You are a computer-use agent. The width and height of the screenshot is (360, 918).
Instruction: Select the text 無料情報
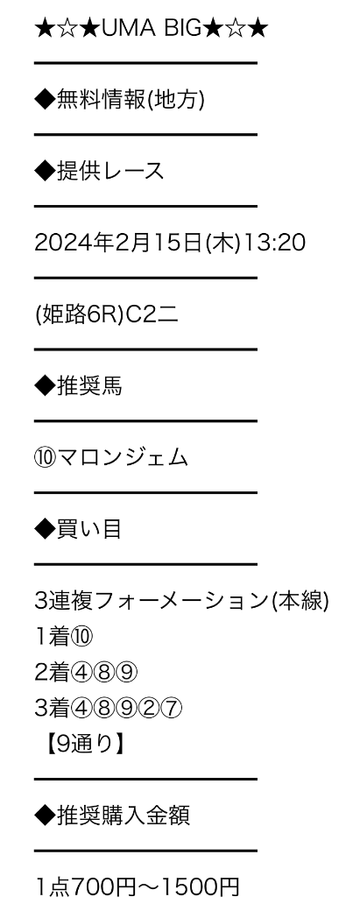click(x=100, y=100)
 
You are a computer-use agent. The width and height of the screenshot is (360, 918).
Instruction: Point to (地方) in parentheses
click(x=174, y=100)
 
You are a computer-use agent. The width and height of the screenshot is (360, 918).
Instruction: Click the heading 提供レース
click(x=110, y=172)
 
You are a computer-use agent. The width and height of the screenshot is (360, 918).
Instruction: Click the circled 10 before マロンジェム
click(x=46, y=458)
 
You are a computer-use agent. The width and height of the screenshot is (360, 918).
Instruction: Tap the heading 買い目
click(x=89, y=529)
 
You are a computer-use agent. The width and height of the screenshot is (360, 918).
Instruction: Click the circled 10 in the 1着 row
click(x=82, y=637)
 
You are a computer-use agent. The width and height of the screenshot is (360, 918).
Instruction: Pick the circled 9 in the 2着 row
click(x=126, y=673)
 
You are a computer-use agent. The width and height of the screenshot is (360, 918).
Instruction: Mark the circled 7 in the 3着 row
click(x=171, y=709)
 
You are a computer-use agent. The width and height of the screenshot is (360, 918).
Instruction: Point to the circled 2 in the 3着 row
click(x=149, y=709)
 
